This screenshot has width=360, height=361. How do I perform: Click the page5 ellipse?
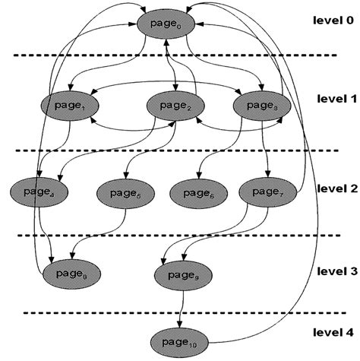(x=122, y=194)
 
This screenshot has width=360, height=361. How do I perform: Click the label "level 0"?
(x=333, y=21)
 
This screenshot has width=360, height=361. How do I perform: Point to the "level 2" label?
(x=333, y=188)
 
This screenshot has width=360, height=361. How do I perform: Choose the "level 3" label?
(x=333, y=270)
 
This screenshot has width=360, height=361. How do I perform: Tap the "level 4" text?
(x=333, y=332)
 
